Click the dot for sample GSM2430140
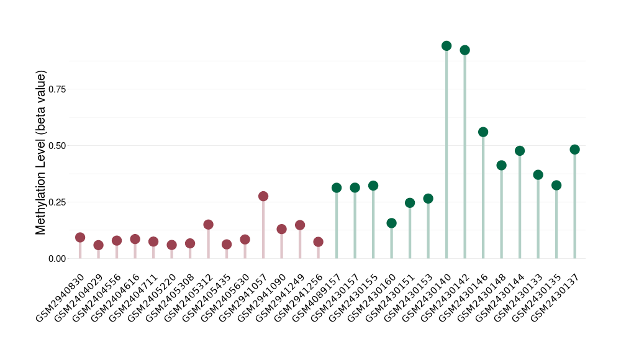[x=446, y=46]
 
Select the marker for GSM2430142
[x=465, y=50]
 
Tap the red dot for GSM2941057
[x=263, y=196]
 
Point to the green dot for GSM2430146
[x=483, y=132]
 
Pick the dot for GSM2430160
[x=391, y=223]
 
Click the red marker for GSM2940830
[x=80, y=238]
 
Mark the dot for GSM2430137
[x=574, y=150]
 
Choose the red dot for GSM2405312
[x=209, y=225]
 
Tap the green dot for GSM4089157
[x=337, y=188]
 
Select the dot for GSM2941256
[x=318, y=242]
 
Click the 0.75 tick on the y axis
[x=57, y=89]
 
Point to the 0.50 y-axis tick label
[x=57, y=146]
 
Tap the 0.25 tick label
[x=57, y=202]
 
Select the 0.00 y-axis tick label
[x=57, y=259]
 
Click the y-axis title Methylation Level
[x=41, y=152]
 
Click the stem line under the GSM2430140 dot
[x=446, y=155]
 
